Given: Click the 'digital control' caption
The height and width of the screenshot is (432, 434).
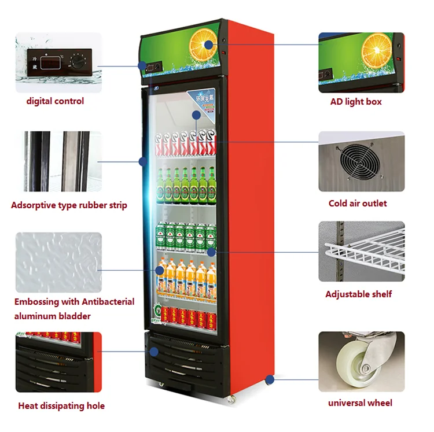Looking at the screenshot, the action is click(55, 101).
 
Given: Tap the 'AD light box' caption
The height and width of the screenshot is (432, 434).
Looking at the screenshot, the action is click(356, 102).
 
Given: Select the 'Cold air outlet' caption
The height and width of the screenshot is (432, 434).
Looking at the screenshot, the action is click(358, 204).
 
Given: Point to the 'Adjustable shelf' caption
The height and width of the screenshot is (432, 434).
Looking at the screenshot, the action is click(358, 294).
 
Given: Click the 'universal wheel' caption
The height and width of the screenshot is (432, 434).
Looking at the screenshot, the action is click(360, 403).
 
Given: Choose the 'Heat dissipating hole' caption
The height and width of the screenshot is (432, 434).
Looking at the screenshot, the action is click(61, 406).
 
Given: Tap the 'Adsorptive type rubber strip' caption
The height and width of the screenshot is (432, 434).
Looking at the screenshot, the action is click(69, 205).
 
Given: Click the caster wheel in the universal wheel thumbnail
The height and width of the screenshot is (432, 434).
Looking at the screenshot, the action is click(362, 361).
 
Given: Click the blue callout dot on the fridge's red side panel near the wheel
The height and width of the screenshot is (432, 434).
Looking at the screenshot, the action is click(269, 379).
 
